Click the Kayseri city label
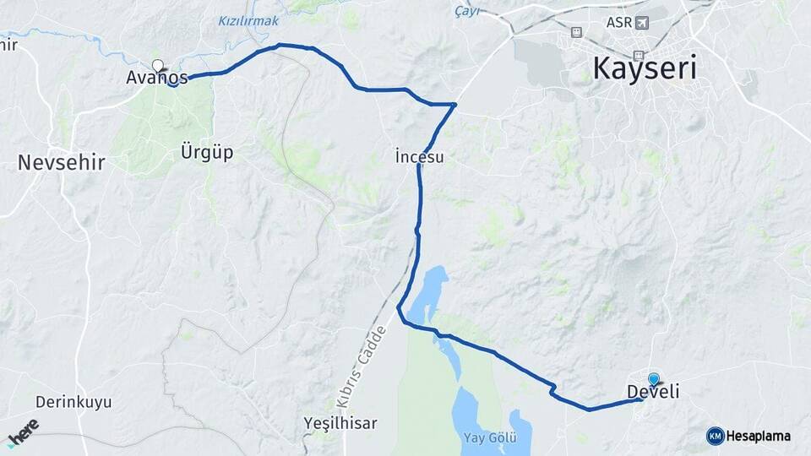645,67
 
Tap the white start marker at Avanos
157,64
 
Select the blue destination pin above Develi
653,379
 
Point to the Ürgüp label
206,153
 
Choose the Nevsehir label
61,162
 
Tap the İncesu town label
418,156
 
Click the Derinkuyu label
73,402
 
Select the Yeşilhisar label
340,422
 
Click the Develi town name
653,392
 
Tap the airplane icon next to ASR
643,22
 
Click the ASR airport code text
618,22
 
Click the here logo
23,431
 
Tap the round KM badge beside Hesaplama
715,436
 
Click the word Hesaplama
759,436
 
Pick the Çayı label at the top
466,9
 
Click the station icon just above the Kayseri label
576,32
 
